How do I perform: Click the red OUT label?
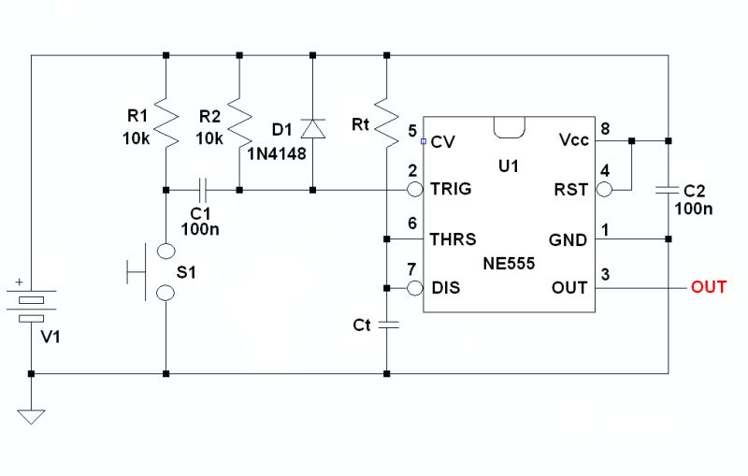(x=708, y=287)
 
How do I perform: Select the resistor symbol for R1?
(x=165, y=123)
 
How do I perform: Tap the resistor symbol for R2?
(x=240, y=123)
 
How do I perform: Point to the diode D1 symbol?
(x=313, y=128)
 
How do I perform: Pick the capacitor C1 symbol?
(x=202, y=190)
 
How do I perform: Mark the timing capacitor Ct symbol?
(x=387, y=325)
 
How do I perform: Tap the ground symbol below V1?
(x=32, y=414)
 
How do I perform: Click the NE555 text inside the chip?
(x=509, y=265)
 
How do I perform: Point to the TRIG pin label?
(x=451, y=189)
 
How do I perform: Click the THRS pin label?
(x=453, y=239)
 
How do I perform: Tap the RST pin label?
(x=571, y=189)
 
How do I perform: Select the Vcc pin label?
(x=573, y=140)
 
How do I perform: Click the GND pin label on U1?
(x=568, y=239)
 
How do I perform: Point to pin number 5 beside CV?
(x=412, y=130)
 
